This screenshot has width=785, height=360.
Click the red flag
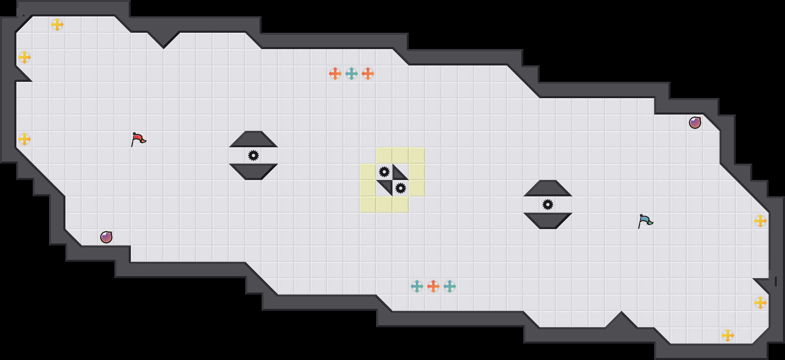tap(138, 139)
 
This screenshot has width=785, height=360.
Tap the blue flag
tap(645, 221)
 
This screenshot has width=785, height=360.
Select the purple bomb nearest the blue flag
tap(695, 122)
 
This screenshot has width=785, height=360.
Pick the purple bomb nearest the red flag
tap(106, 237)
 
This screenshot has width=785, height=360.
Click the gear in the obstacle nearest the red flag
tap(253, 155)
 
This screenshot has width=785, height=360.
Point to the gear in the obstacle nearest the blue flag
tap(548, 205)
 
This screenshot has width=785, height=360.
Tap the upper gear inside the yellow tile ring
tap(384, 172)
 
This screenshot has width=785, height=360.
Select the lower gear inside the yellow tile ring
tap(401, 188)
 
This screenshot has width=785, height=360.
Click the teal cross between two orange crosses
tap(352, 74)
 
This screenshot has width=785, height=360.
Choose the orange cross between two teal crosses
tap(433, 286)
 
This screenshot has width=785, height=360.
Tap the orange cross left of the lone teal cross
tap(335, 74)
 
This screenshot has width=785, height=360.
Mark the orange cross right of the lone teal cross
tap(368, 74)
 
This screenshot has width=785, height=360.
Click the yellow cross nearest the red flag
tap(25, 139)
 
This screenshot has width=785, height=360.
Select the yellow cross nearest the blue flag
tap(760, 221)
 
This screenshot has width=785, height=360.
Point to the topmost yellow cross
tap(57, 25)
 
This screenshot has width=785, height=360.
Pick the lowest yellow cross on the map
tap(728, 335)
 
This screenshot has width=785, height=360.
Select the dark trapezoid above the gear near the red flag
tap(253, 139)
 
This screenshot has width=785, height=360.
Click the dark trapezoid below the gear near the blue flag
tap(548, 220)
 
